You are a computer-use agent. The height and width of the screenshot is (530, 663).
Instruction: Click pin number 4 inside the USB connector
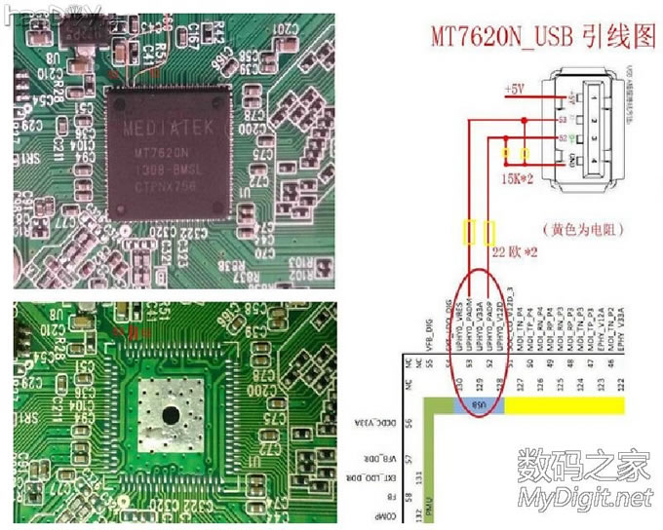point(567,159)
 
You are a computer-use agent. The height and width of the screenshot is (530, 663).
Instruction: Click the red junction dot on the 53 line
point(526,120)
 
